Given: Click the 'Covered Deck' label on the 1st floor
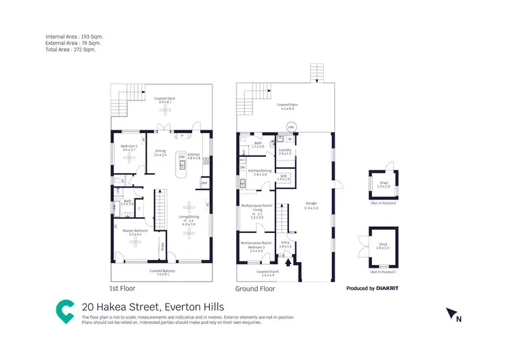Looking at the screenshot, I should click(164, 99).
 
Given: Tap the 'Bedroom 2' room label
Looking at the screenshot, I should click(129, 147).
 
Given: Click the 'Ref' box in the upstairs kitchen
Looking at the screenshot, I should click(204, 182).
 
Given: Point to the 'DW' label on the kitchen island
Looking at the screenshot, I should click(182, 158).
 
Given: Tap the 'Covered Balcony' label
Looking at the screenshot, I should click(163, 272).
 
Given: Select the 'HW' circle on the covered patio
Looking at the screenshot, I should click(291, 127).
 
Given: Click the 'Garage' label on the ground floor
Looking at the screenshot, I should click(312, 204).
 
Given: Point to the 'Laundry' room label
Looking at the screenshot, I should click(285, 151).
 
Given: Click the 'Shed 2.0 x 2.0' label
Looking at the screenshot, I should click(383, 184).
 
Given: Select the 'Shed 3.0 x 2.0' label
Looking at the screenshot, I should click(383, 248).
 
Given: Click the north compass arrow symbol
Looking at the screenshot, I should click(450, 313).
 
